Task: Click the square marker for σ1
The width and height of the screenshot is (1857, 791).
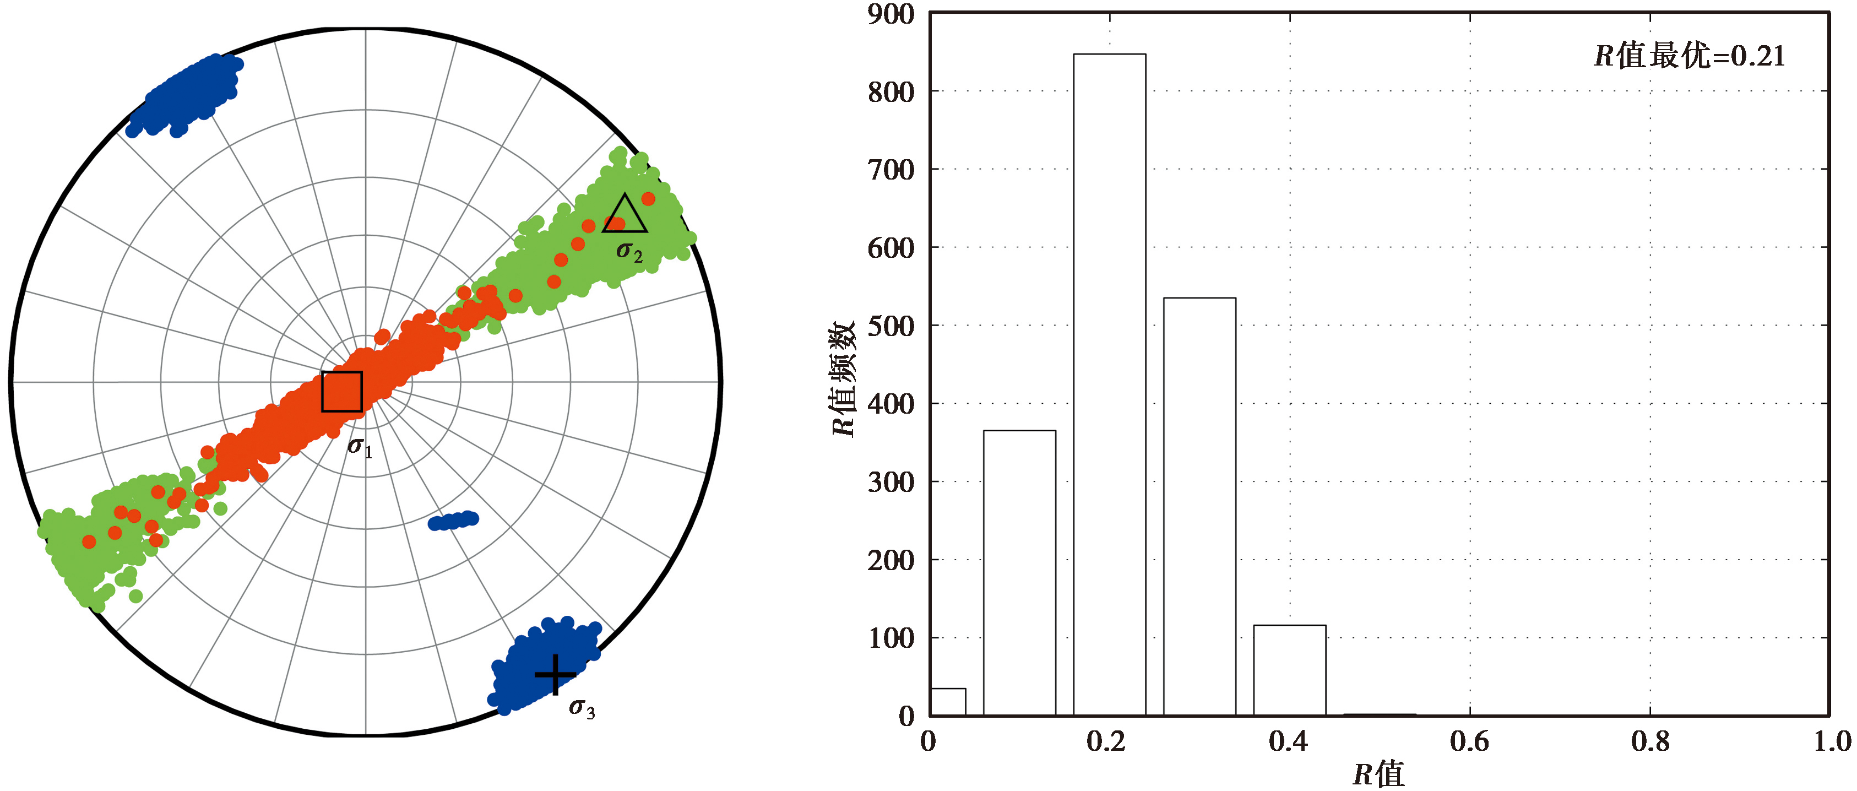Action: coord(341,392)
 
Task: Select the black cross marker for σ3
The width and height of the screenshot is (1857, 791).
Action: coord(555,675)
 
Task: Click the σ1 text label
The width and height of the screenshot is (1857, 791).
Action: coord(360,448)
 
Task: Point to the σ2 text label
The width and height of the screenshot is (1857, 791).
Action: coord(628,252)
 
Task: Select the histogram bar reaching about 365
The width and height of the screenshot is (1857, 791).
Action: coord(1019,573)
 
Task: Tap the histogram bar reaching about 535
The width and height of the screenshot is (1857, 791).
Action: coord(1199,506)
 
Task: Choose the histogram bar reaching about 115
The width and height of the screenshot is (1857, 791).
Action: coord(1290,670)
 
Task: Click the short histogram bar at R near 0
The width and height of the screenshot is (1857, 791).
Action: coord(948,702)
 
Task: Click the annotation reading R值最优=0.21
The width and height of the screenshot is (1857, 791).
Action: coord(1689,56)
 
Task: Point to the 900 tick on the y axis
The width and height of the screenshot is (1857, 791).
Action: coord(891,14)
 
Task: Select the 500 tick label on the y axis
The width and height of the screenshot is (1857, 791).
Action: coord(891,326)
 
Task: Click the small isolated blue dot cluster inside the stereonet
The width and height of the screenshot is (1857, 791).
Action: coord(453,520)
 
